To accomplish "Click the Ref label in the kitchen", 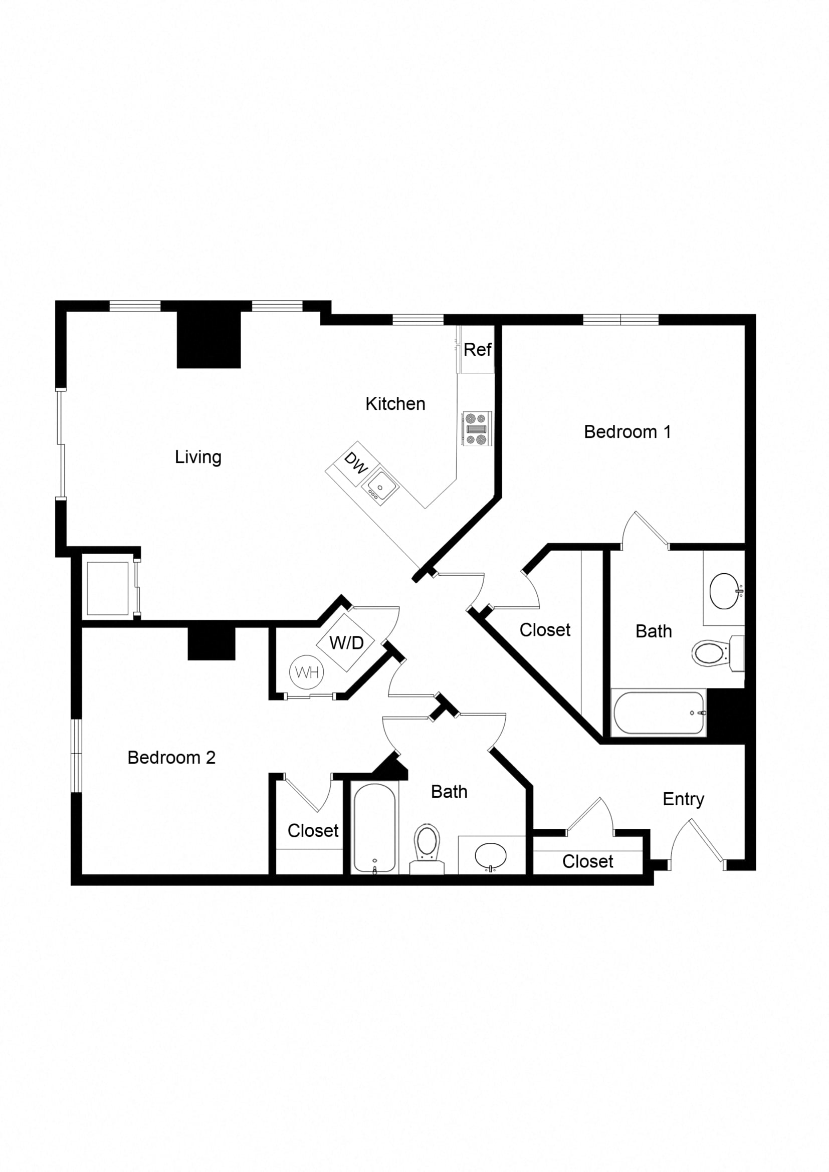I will pyautogui.click(x=477, y=350).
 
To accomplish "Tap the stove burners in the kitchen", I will pyautogui.click(x=476, y=428).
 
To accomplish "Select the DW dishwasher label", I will pyautogui.click(x=356, y=463).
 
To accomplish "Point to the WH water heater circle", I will pyautogui.click(x=307, y=672).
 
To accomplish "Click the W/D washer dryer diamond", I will pyautogui.click(x=346, y=643).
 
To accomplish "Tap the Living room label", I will pyautogui.click(x=198, y=457).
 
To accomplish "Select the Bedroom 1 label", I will pyautogui.click(x=627, y=432).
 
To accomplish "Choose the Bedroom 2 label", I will pyautogui.click(x=171, y=758).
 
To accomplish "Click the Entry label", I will pyautogui.click(x=683, y=799).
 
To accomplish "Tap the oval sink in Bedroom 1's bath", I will pyautogui.click(x=724, y=591).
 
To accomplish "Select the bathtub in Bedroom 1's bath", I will pyautogui.click(x=659, y=713).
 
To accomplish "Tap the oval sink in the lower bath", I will pyautogui.click(x=491, y=855).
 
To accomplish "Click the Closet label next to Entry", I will pyautogui.click(x=587, y=862).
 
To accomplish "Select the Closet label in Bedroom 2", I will pyautogui.click(x=313, y=831).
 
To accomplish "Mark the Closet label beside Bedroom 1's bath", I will pyautogui.click(x=545, y=630).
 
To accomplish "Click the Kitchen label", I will pyautogui.click(x=395, y=404).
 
